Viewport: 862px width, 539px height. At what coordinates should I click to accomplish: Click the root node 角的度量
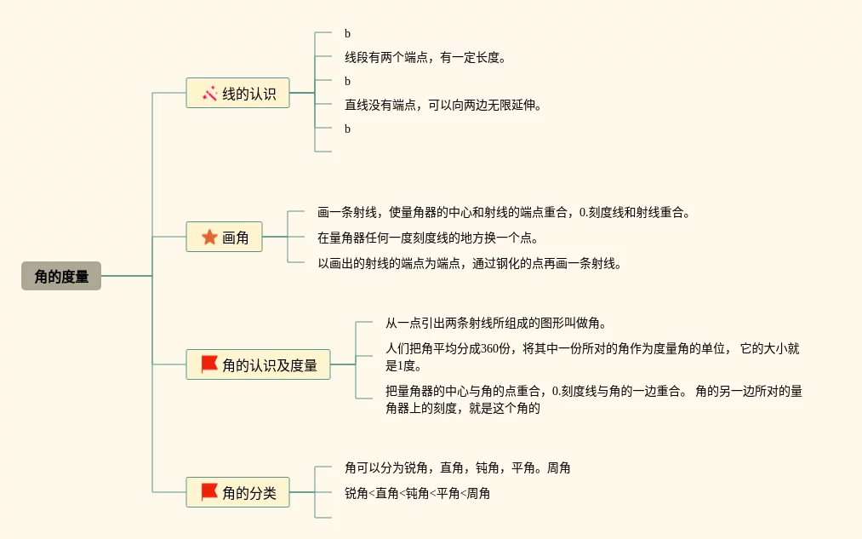coord(61,276)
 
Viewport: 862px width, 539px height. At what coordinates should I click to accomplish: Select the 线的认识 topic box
coord(237,93)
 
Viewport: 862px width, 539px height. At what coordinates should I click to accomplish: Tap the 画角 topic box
coord(224,237)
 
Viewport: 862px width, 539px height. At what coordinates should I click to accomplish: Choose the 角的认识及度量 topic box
coord(258,364)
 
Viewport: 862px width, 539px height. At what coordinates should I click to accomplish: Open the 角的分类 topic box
coord(237,492)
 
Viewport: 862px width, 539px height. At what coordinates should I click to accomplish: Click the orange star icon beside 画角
coord(209,237)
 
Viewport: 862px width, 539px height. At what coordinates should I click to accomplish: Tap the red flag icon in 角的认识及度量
coord(209,364)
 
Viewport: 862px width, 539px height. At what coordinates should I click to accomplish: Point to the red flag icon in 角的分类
coord(209,492)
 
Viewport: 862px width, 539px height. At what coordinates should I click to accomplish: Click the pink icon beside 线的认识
coord(209,93)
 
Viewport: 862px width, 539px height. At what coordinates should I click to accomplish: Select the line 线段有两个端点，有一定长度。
coord(425,58)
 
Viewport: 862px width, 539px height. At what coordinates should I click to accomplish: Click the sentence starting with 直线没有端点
coord(442,106)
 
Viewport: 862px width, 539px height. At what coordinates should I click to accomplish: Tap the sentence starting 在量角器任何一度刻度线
coord(427,238)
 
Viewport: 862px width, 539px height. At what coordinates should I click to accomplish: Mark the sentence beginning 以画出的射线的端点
coord(469,263)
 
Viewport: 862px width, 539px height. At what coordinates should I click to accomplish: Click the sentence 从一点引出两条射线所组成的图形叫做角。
coord(495,324)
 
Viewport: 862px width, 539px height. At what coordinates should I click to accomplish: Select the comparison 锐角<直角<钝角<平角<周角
coord(417,493)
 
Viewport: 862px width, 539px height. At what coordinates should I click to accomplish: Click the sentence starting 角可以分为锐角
coord(457,468)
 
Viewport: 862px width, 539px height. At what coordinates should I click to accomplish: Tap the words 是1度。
coord(403,366)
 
